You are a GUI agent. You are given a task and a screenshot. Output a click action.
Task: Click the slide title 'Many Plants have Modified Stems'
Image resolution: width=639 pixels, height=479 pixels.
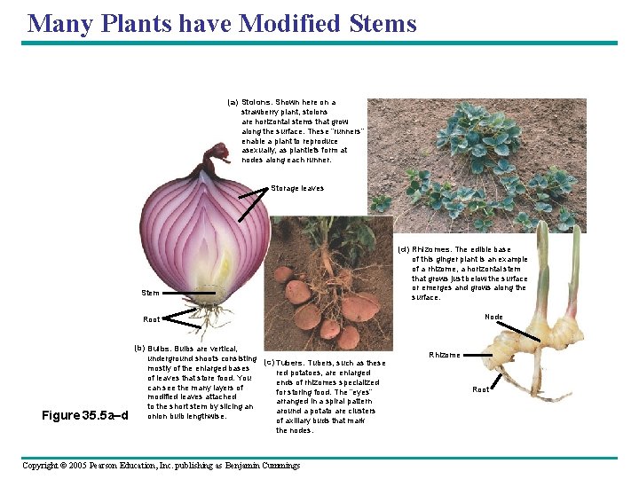tap(222, 23)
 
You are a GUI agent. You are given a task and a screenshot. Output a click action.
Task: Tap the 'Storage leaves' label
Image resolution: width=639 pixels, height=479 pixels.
tap(297, 188)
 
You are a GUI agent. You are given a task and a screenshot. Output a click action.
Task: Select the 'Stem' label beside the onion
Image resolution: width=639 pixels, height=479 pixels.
tap(150, 293)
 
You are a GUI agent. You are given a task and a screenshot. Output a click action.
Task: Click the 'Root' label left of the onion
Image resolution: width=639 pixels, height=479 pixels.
tap(152, 319)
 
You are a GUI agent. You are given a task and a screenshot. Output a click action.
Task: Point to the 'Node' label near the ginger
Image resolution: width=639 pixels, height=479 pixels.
tap(493, 317)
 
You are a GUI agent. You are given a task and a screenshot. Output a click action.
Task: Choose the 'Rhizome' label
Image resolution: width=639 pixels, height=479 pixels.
tap(445, 355)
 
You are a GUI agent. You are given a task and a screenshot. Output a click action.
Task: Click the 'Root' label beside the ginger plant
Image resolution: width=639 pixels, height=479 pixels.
tap(480, 389)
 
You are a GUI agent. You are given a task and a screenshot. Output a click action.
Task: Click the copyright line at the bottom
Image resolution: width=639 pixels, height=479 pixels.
tap(161, 465)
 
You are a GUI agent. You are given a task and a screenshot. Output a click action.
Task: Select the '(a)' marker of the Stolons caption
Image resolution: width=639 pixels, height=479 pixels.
tap(233, 102)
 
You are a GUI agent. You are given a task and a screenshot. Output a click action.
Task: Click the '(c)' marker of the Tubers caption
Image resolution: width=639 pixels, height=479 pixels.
tap(268, 363)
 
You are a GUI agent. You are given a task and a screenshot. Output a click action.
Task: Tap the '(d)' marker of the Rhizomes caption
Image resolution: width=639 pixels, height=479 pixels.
tap(404, 249)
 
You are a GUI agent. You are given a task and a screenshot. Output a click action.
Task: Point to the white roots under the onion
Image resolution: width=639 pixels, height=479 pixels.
tap(213, 315)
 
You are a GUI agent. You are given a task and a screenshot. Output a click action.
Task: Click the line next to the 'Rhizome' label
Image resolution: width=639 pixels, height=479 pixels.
tap(477, 355)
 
